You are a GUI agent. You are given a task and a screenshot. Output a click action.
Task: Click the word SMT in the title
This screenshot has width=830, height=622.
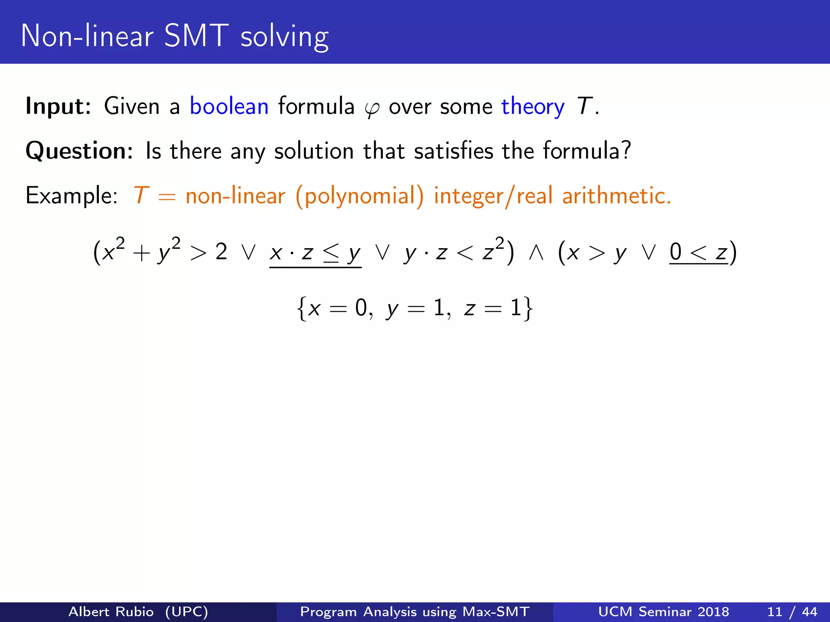196,36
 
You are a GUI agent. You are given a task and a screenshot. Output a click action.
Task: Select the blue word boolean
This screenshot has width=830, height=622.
229,107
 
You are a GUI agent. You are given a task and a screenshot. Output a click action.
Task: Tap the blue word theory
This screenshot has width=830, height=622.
533,107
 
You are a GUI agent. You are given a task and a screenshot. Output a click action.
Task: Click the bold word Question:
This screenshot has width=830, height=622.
79,151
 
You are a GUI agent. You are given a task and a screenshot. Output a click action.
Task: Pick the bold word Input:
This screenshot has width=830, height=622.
58,107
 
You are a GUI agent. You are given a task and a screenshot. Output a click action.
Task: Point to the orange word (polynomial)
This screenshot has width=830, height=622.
359,196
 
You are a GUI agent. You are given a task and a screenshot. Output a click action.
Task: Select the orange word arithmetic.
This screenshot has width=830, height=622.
616,196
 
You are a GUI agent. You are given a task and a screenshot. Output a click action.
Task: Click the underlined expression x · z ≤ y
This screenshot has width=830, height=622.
315,253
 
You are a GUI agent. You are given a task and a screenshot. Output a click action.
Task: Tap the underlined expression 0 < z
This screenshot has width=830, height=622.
698,253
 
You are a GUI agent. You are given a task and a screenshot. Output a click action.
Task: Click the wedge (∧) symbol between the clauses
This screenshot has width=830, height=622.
536,253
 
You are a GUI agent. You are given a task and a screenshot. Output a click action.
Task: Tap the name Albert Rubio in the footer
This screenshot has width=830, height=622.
111,611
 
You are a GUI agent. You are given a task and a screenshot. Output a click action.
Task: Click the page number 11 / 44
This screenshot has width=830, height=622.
792,611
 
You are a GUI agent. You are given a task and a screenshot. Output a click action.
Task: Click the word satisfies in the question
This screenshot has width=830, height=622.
454,151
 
